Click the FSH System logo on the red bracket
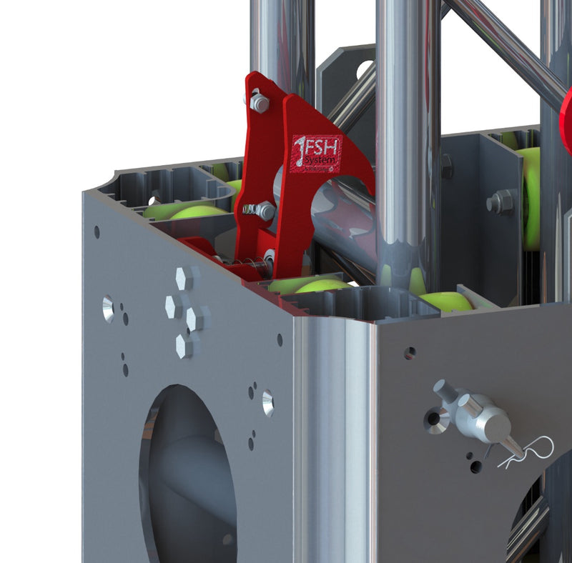click(317, 153)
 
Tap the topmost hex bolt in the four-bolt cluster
click(184, 279)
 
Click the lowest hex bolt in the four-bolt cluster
click(184, 345)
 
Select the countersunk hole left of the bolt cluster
click(108, 309)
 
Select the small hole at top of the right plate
click(410, 353)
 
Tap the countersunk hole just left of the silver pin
click(436, 420)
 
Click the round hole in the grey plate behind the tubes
click(365, 69)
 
